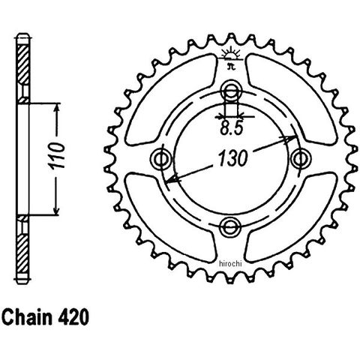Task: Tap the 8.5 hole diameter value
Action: click(x=232, y=129)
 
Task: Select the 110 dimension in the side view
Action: click(x=58, y=155)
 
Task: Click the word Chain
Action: click(x=27, y=317)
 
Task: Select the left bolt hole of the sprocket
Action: click(x=162, y=159)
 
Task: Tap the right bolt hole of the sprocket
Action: click(x=301, y=158)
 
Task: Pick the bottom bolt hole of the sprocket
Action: click(x=230, y=226)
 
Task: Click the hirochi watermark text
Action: click(x=230, y=263)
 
